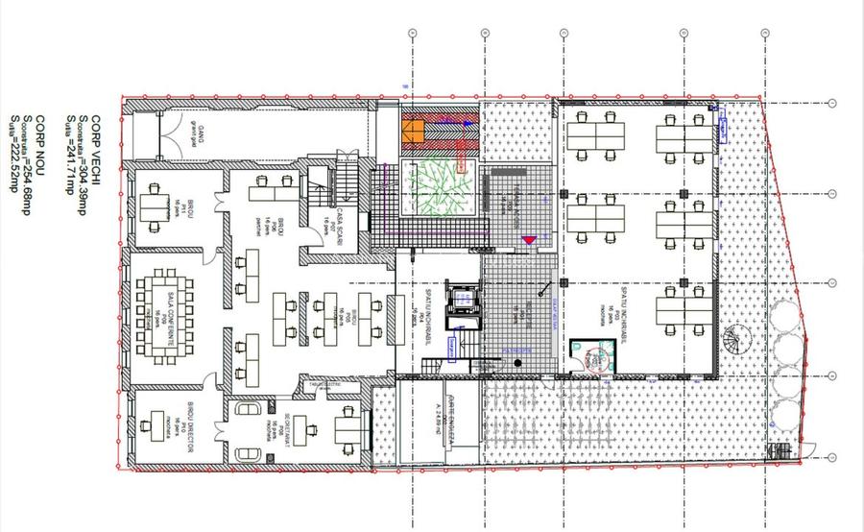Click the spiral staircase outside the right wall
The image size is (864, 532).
[740, 341]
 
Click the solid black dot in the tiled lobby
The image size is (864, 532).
[517, 362]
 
